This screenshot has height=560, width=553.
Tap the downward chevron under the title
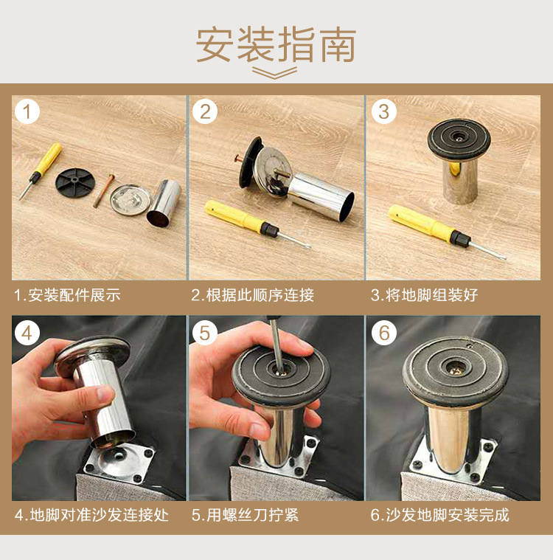click(x=275, y=72)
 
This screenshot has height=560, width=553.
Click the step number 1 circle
click(x=27, y=112)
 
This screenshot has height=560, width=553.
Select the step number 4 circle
click(x=27, y=333)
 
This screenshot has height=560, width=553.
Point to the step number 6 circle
click(x=383, y=333)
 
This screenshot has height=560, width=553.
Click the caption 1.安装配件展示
click(x=67, y=296)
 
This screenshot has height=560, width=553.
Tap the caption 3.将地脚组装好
click(x=424, y=296)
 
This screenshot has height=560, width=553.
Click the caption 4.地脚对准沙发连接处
click(x=91, y=515)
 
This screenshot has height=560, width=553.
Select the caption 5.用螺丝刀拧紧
click(x=246, y=515)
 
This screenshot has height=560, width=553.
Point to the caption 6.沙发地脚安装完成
click(x=439, y=515)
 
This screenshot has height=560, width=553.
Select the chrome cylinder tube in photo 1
click(x=164, y=201)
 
